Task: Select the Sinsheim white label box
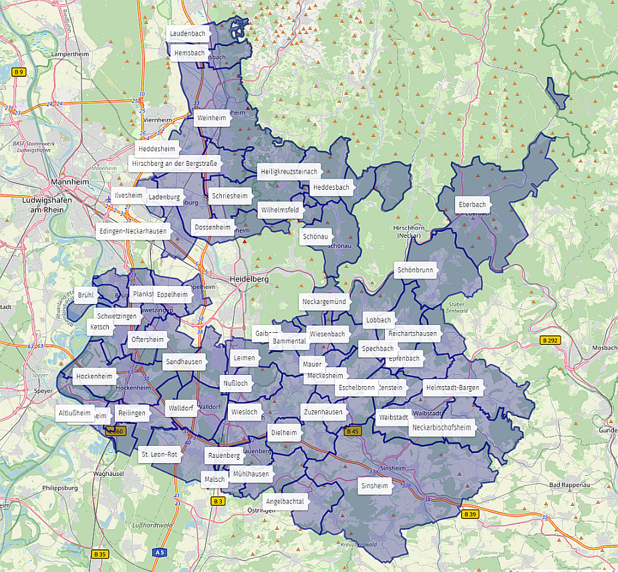click(374, 485)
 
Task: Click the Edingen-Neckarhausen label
click(132, 231)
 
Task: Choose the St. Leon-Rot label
click(159, 454)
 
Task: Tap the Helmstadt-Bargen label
click(451, 388)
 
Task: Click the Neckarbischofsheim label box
click(442, 428)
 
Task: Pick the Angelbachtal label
click(285, 501)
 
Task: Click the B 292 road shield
click(549, 341)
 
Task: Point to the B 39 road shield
click(470, 514)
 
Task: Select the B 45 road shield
click(352, 432)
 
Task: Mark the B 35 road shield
click(100, 554)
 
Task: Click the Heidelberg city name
click(249, 279)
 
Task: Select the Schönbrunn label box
click(415, 271)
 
